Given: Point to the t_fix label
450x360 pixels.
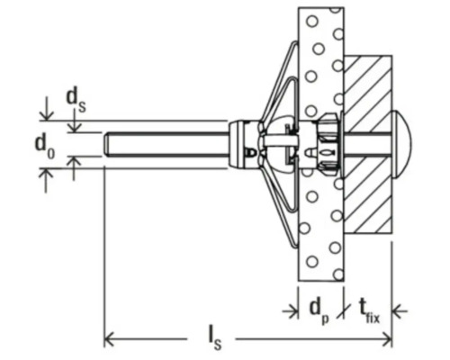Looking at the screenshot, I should pyautogui.click(x=370, y=312).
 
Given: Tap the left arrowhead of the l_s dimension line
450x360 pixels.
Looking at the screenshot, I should pyautogui.click(x=110, y=339).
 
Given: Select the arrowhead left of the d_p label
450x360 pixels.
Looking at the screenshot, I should pyautogui.click(x=292, y=311).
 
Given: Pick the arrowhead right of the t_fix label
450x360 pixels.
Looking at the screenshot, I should pyautogui.click(x=398, y=311).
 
